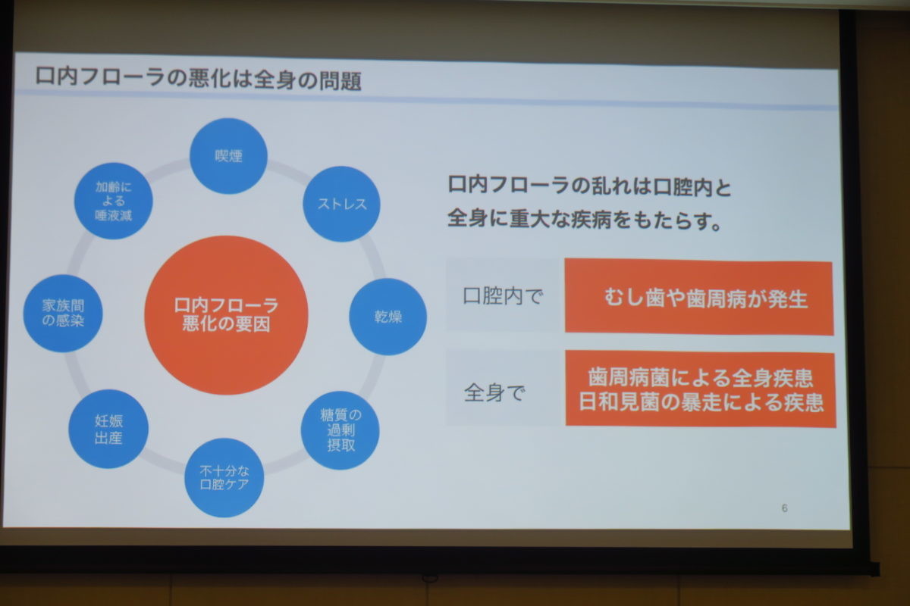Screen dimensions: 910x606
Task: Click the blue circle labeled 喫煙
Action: pyautogui.click(x=228, y=156)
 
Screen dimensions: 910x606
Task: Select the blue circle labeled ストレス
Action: pyautogui.click(x=342, y=204)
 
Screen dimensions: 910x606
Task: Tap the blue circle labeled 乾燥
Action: pyautogui.click(x=388, y=317)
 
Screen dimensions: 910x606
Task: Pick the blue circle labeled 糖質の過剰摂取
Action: pyautogui.click(x=340, y=430)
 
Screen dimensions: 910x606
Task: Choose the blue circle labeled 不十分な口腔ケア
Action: pyautogui.click(x=224, y=477)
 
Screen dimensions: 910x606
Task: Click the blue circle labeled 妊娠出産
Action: pyautogui.click(x=108, y=429)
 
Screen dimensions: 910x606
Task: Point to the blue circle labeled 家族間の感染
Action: pyautogui.click(x=63, y=314)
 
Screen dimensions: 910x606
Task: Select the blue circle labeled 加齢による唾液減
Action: pyautogui.click(x=113, y=201)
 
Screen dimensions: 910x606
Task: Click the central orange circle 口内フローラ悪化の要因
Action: pyautogui.click(x=226, y=315)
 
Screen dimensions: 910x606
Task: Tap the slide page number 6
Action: pyautogui.click(x=784, y=508)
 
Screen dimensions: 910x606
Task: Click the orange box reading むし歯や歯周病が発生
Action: pyautogui.click(x=699, y=297)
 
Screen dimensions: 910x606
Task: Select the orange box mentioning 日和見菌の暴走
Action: pyautogui.click(x=701, y=389)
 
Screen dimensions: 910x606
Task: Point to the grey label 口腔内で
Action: pyautogui.click(x=503, y=296)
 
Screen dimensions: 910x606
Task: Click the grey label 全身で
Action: pyautogui.click(x=494, y=392)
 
